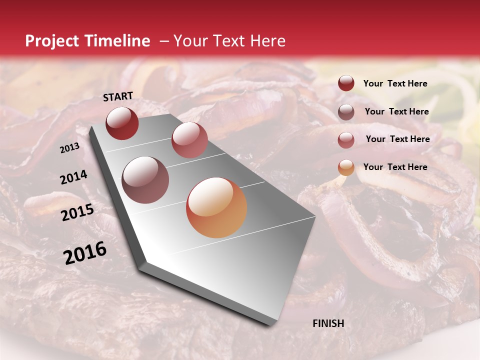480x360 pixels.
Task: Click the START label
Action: pyautogui.click(x=118, y=96)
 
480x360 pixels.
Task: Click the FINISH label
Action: pyautogui.click(x=328, y=323)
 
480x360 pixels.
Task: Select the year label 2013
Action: pyautogui.click(x=69, y=148)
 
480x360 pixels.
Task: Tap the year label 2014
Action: pyautogui.click(x=73, y=177)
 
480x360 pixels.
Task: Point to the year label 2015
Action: pyautogui.click(x=77, y=213)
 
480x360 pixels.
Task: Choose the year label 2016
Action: pyautogui.click(x=85, y=253)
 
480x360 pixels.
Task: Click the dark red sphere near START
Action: pyautogui.click(x=122, y=123)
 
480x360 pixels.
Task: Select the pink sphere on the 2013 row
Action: pyautogui.click(x=189, y=140)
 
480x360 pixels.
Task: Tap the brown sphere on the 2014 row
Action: pyautogui.click(x=145, y=180)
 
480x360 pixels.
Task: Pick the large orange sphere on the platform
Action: pyautogui.click(x=216, y=207)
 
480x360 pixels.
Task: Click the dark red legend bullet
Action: pyautogui.click(x=346, y=83)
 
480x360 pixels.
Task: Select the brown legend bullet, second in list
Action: pyautogui.click(x=346, y=111)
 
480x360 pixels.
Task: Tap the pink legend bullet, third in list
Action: pyautogui.click(x=346, y=139)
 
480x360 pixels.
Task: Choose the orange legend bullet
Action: pyautogui.click(x=346, y=167)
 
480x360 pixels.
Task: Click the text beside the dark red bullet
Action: pyautogui.click(x=395, y=84)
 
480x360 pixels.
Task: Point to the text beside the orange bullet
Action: pyautogui.click(x=395, y=167)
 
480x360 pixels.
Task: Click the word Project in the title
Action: pyautogui.click(x=52, y=41)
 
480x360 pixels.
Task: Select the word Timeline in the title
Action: pyautogui.click(x=116, y=41)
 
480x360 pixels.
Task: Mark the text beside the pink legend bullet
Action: pyautogui.click(x=397, y=139)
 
